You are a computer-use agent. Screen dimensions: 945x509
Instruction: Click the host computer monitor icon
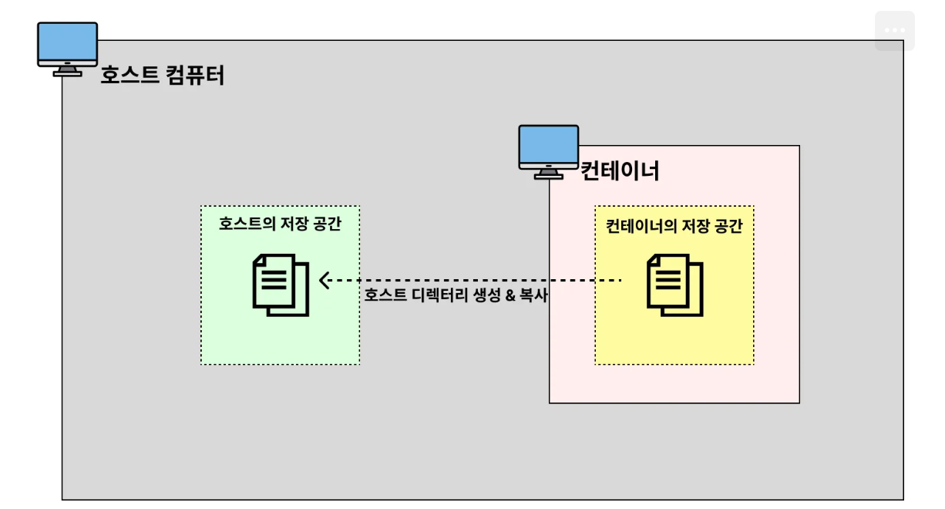click(x=68, y=49)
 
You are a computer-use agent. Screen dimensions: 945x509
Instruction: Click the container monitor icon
click(x=549, y=152)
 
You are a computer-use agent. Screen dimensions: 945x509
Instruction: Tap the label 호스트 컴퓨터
click(x=163, y=75)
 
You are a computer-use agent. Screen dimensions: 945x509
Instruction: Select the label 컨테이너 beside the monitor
click(x=620, y=170)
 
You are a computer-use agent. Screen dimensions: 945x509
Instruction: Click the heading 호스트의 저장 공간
click(x=280, y=224)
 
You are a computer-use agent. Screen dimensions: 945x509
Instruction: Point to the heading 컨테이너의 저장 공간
click(x=674, y=226)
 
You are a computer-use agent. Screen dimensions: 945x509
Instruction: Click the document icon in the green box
click(x=281, y=285)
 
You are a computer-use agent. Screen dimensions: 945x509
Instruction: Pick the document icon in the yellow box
click(x=674, y=285)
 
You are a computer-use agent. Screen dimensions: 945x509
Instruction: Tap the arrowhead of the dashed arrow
click(x=324, y=280)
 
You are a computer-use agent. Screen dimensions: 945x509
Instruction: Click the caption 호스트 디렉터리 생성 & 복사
click(x=456, y=295)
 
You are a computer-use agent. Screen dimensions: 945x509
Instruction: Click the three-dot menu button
click(x=895, y=30)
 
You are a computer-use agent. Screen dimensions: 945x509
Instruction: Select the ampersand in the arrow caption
click(x=510, y=295)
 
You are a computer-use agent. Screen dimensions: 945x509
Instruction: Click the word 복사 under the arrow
click(x=533, y=295)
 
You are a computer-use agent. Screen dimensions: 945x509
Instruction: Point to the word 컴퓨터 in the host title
click(x=194, y=75)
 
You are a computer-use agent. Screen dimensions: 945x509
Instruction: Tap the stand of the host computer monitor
click(x=68, y=71)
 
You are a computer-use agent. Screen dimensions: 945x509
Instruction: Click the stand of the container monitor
click(x=549, y=174)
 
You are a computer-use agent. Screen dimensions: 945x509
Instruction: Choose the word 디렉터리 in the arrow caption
click(x=439, y=295)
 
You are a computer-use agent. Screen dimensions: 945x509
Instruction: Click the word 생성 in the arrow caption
click(x=487, y=295)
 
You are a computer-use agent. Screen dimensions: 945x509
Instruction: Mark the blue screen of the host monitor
click(x=68, y=42)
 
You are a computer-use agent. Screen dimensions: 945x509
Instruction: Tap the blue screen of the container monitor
click(x=549, y=144)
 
